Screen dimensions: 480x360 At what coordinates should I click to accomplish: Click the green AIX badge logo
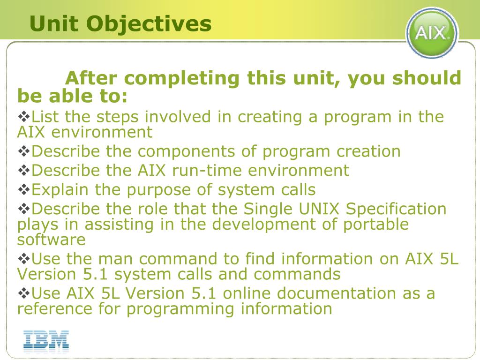[x=432, y=32]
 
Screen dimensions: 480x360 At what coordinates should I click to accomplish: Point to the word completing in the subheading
[x=181, y=79]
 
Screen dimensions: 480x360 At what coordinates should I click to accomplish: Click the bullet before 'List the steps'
[x=24, y=116]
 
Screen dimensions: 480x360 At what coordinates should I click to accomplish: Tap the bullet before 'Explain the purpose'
[x=24, y=189]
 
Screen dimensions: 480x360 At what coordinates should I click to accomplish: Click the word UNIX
[x=319, y=209]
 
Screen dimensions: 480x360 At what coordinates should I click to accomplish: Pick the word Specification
[x=396, y=210]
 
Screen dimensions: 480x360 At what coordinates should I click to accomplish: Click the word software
[x=51, y=240]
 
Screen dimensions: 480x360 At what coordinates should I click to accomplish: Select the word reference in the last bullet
[x=54, y=308]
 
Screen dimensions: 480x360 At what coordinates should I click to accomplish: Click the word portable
[x=375, y=225]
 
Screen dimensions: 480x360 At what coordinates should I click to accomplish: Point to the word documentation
[x=336, y=293]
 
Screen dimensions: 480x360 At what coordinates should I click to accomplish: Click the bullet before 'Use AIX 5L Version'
[x=24, y=293]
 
